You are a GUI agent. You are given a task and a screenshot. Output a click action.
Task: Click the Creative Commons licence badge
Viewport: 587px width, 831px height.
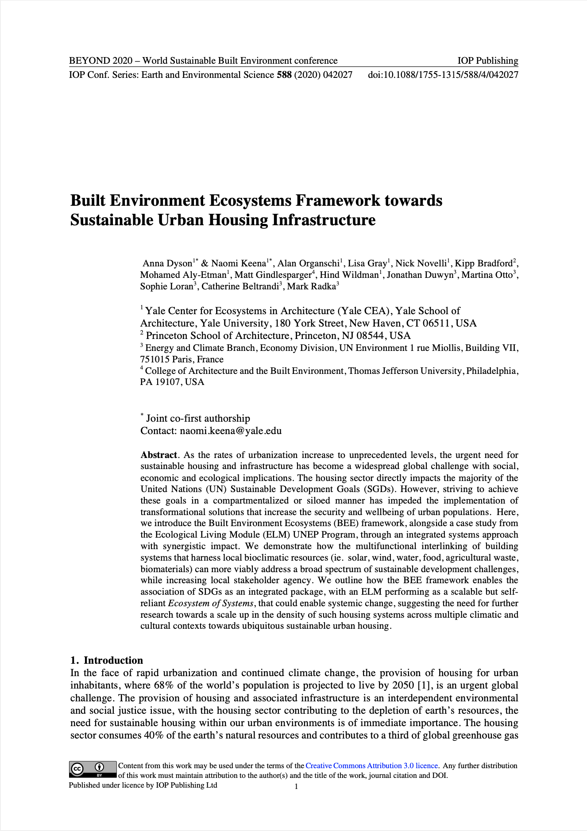point(93,769)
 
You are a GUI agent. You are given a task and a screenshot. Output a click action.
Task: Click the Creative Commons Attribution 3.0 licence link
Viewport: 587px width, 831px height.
point(371,766)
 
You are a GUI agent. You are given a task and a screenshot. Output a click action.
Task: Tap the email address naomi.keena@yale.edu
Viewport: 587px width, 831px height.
point(231,431)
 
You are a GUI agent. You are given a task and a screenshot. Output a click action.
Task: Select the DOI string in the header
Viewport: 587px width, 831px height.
point(443,75)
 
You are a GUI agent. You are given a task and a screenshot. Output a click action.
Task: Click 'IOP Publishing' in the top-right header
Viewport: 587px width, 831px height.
point(488,61)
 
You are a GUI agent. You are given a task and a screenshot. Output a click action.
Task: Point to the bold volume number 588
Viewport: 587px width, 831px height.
point(284,75)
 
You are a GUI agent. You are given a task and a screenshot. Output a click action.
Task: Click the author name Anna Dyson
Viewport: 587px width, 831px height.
point(167,264)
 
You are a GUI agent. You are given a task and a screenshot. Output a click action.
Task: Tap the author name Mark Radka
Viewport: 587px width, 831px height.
point(312,286)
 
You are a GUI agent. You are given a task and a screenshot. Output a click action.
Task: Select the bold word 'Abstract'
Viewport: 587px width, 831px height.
point(158,455)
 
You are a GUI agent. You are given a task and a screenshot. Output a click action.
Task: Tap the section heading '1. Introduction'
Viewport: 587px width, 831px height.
point(107,660)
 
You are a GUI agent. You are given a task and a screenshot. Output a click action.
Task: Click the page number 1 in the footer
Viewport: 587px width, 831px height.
point(297,786)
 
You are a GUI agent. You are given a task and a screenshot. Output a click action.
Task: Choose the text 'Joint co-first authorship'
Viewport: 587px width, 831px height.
point(198,419)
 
